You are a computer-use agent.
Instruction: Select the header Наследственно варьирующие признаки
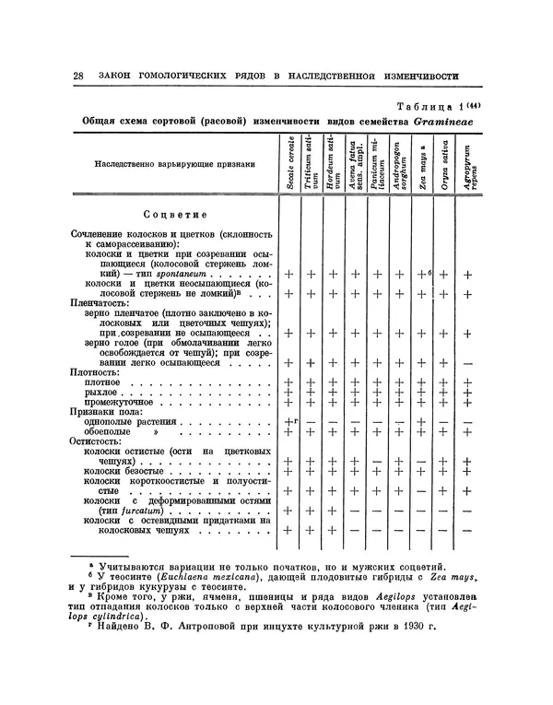point(163,166)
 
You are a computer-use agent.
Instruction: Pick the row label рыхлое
point(100,392)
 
